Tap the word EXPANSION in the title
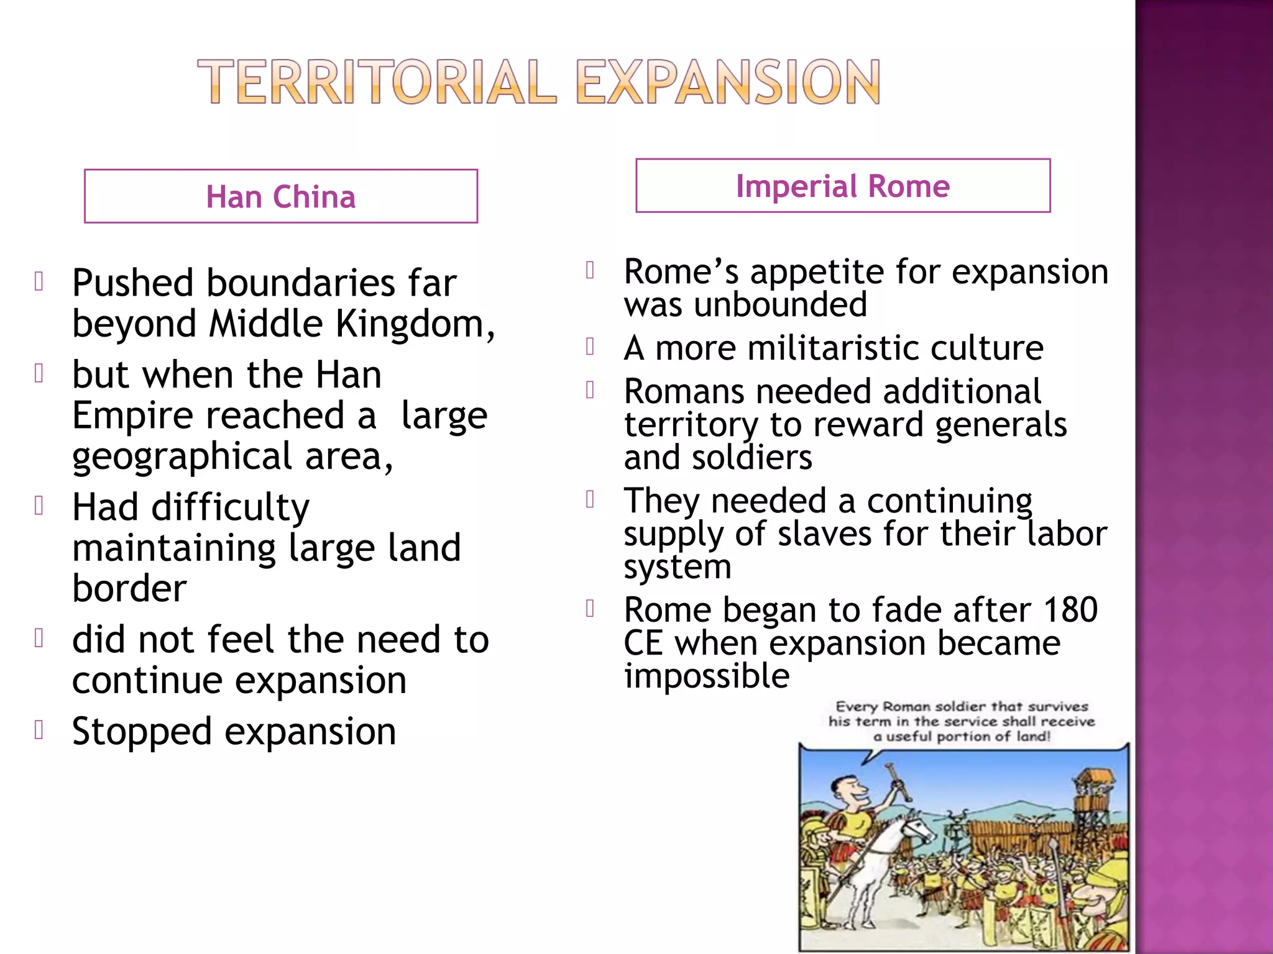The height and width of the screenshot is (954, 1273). (728, 82)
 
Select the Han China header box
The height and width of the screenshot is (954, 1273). (281, 196)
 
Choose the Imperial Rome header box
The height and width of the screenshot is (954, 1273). (843, 186)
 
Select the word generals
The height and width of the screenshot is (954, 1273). (1001, 425)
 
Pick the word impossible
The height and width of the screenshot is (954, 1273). (707, 676)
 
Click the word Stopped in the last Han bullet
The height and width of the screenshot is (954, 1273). (142, 732)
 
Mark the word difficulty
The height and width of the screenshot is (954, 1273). (230, 507)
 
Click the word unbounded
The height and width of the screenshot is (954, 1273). (781, 305)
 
